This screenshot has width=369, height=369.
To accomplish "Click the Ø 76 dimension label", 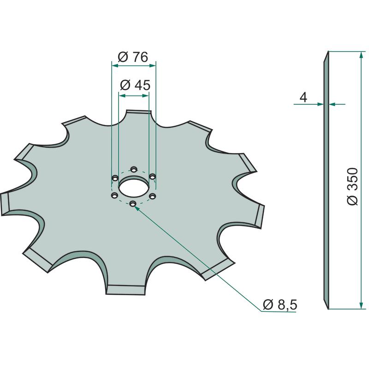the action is [x=133, y=57].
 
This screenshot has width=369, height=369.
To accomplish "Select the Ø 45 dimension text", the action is [x=135, y=85].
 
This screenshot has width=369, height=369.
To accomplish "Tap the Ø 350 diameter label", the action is [x=352, y=186].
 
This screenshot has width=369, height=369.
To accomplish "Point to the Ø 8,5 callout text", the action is [x=280, y=305].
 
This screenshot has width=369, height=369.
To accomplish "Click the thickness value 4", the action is [x=304, y=97].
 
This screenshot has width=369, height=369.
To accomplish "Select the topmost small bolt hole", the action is [x=134, y=169].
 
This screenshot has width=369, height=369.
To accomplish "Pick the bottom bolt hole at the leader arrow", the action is [x=133, y=203].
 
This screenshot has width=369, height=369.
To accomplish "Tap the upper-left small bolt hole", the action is [x=115, y=178].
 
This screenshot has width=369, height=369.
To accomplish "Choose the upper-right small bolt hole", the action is [x=153, y=177].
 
